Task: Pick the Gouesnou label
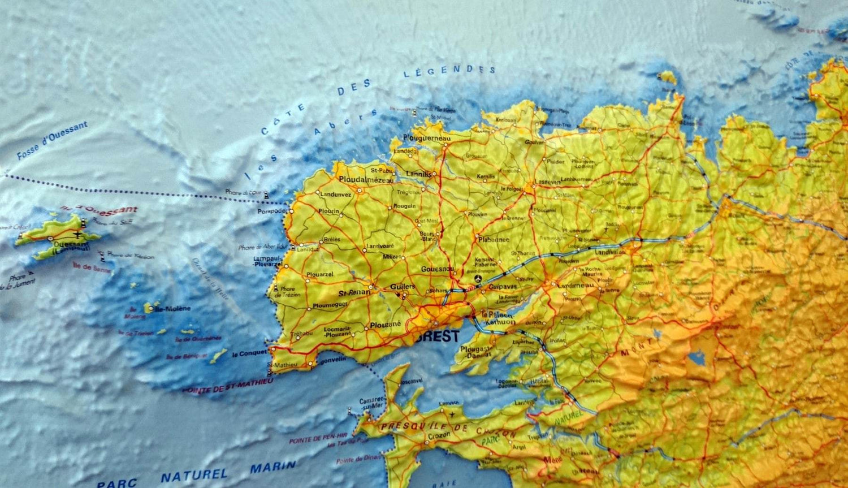437,269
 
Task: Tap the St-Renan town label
354,293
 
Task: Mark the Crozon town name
423,437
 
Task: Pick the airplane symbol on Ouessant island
76,234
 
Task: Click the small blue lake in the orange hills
697,358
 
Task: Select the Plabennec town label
494,239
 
